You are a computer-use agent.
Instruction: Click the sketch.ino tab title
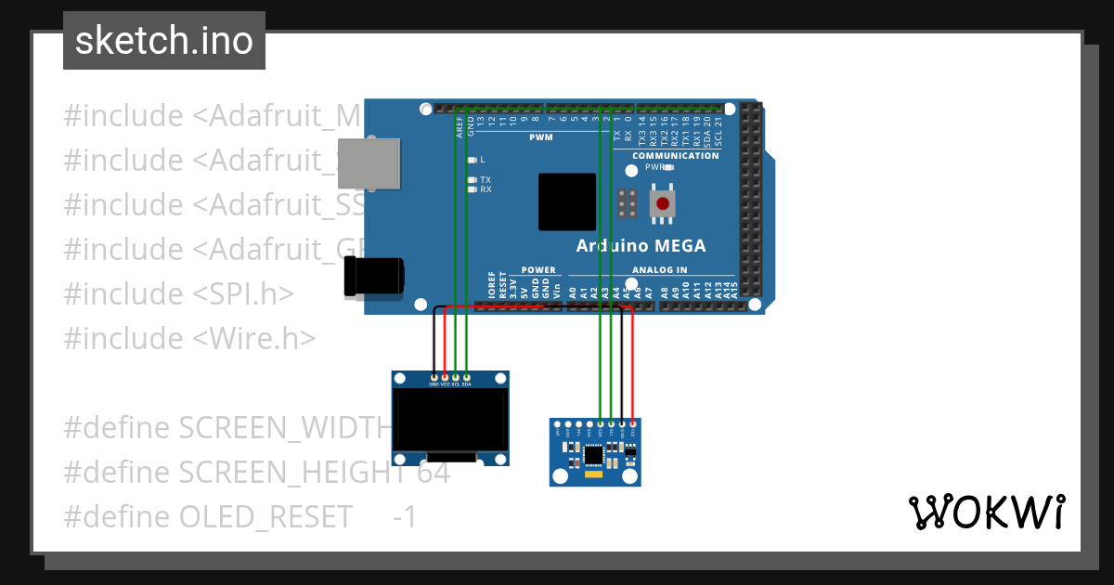point(164,41)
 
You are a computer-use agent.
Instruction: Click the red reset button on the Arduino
point(662,203)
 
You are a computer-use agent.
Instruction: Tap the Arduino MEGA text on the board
point(641,246)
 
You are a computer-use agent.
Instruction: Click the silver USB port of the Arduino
point(369,164)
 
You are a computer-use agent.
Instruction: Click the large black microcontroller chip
point(566,201)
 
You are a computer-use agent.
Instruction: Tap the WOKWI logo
point(986,512)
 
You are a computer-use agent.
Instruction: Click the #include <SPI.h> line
point(178,294)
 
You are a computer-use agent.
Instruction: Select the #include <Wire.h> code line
point(189,338)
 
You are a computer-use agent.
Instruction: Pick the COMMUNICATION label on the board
point(675,156)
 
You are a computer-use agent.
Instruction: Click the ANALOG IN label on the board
point(659,270)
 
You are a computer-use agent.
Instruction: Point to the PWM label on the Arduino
point(540,137)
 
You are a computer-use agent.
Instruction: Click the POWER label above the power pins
point(538,270)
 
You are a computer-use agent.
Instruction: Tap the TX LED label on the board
point(485,179)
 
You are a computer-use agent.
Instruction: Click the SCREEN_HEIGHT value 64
point(433,473)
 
